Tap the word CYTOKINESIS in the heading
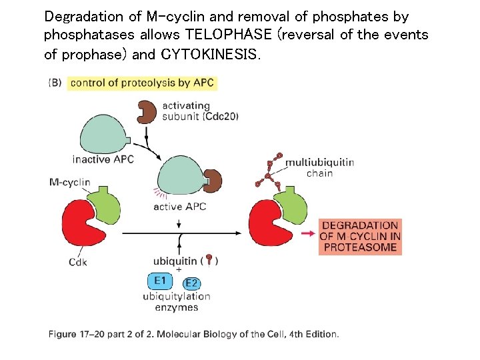click(x=208, y=54)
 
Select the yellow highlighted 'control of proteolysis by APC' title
click(x=143, y=83)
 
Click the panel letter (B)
click(x=56, y=83)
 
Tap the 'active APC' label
click(x=180, y=207)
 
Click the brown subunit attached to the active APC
click(x=213, y=179)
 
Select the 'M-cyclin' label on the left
click(x=69, y=182)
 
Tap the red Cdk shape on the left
click(x=83, y=227)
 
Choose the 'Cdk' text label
click(x=78, y=262)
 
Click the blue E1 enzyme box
click(x=160, y=280)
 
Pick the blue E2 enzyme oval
click(x=191, y=283)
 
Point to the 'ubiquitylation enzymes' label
click(x=176, y=301)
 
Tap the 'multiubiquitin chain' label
click(x=319, y=167)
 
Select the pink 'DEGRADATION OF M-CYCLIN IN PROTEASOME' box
click(x=360, y=237)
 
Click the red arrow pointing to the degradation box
click(x=307, y=234)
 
